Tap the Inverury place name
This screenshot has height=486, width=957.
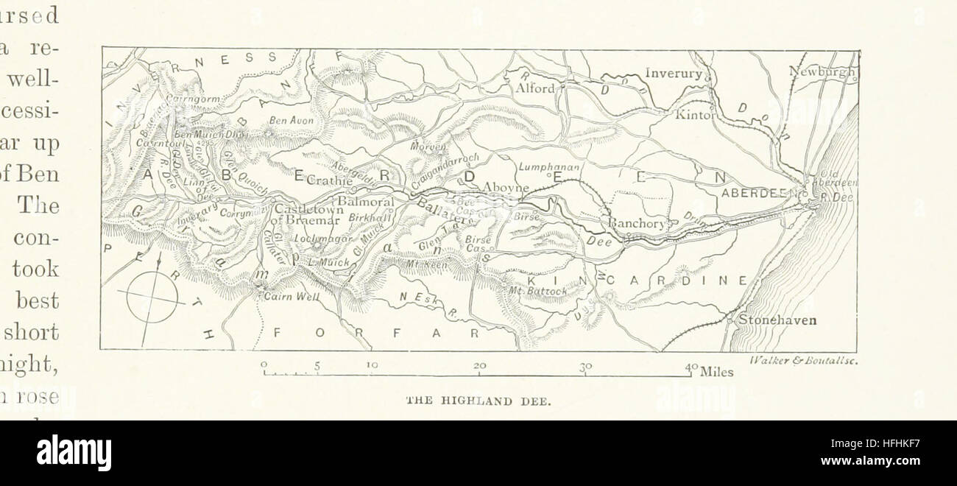pos(674,73)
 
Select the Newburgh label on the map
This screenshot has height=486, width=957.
pos(822,71)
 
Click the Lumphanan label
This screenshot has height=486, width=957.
pos(550,168)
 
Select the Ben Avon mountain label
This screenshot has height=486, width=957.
pos(292,120)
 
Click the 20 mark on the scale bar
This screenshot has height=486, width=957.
pos(480,365)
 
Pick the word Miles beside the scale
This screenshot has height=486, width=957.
pos(717,372)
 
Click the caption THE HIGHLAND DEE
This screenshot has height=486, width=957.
pos(479,401)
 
